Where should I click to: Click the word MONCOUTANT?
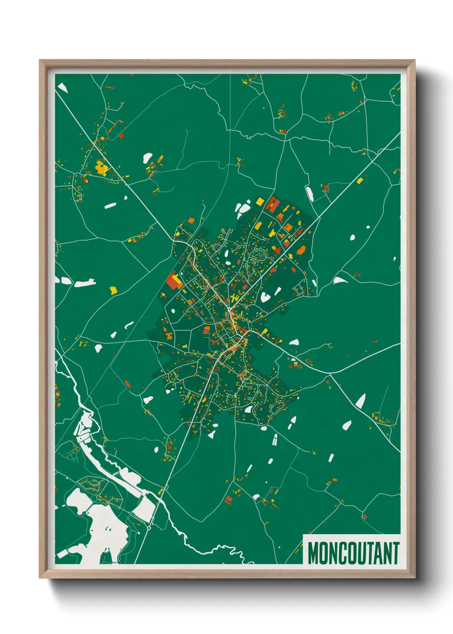pos(353,553)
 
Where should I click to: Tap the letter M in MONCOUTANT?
pos(313,553)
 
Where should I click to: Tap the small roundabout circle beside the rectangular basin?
pos(149,528)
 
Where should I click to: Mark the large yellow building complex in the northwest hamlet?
pos(102,167)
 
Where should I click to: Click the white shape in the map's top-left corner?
pos(63,88)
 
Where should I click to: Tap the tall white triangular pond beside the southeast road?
pos(361,401)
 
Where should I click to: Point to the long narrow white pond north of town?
pos(309,193)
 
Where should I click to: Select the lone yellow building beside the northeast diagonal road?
pos(360,180)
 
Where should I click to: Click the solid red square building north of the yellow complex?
pos(121,136)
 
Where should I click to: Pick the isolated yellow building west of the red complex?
pos(113,290)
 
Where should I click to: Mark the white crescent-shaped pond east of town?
pos(340,280)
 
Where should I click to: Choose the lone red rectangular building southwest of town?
pos(127,383)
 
